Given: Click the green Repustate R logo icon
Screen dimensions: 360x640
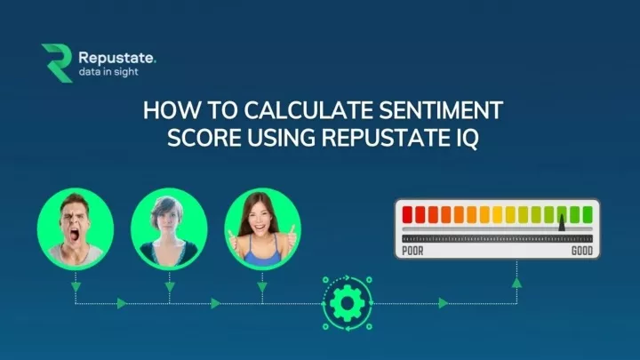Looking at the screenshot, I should click(57, 63).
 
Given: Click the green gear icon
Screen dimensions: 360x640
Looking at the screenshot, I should click(342, 303).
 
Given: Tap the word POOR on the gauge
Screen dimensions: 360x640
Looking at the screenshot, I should click(413, 251).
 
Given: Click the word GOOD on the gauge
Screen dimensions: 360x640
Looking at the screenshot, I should click(580, 251).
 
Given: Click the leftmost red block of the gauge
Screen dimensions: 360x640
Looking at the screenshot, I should click(409, 214).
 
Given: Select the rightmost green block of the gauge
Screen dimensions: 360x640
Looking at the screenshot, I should click(588, 214).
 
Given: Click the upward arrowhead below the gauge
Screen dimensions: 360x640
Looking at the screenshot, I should click(516, 284).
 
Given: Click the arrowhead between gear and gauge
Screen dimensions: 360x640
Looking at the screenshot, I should click(444, 303).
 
